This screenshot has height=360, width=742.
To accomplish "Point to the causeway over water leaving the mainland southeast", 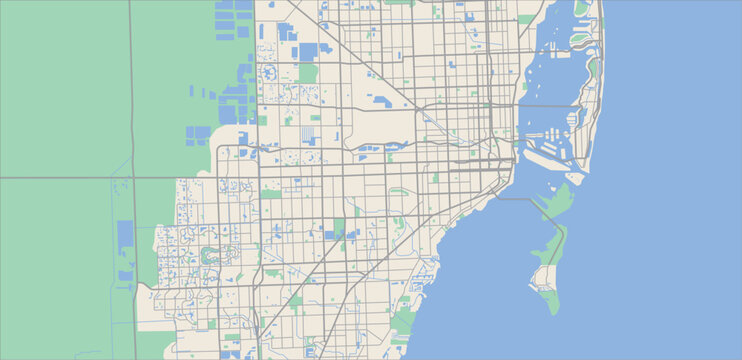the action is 519,199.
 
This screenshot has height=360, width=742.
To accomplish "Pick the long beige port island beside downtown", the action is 545,155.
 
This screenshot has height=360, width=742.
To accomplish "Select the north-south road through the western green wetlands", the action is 132,100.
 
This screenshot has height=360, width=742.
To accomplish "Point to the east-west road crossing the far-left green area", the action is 60,178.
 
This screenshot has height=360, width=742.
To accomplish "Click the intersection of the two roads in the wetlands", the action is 133,178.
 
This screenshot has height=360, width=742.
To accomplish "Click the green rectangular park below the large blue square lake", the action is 308,73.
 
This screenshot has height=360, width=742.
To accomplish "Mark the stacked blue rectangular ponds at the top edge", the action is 235,20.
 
